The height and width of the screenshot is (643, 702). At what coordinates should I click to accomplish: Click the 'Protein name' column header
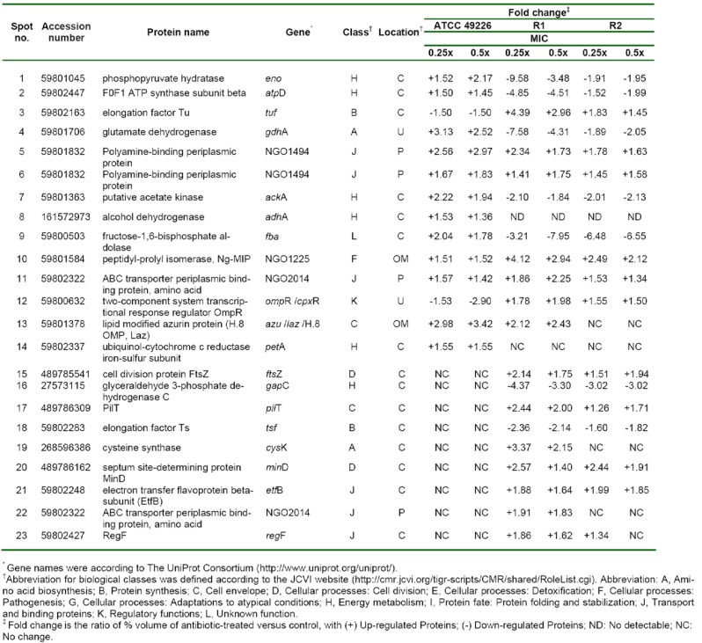[177, 33]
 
